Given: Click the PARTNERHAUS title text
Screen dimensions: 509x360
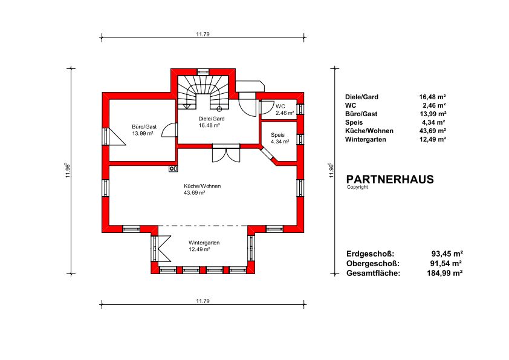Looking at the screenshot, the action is tap(390, 179).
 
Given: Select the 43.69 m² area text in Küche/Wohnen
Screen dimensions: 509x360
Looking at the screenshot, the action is tap(195, 192).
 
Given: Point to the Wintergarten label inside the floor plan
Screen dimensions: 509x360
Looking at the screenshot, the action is tap(204, 243).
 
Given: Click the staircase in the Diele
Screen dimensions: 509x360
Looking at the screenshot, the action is tap(203, 93).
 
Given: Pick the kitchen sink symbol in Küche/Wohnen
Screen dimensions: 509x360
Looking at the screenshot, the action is tap(173, 168).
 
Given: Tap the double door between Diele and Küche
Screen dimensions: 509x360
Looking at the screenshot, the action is tap(226, 153).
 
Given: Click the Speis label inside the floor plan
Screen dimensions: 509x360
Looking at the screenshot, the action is tap(277, 135).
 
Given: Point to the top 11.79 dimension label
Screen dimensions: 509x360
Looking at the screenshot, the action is tap(203, 34).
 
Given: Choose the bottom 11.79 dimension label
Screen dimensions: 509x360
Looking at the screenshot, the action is tap(203, 301).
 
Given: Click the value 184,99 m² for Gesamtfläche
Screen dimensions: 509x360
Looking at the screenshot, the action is tap(445, 273).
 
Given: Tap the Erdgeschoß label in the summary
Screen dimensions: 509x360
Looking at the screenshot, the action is tap(370, 254).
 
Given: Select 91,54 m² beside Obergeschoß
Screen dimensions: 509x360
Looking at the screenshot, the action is tap(446, 264).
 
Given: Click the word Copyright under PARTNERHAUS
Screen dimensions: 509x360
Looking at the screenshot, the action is tap(357, 187).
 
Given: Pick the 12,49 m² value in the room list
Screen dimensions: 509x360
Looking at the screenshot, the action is tap(432, 139).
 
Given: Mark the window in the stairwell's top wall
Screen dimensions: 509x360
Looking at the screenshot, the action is tap(203, 72).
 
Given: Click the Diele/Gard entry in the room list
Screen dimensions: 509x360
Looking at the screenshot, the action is tap(361, 97).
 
